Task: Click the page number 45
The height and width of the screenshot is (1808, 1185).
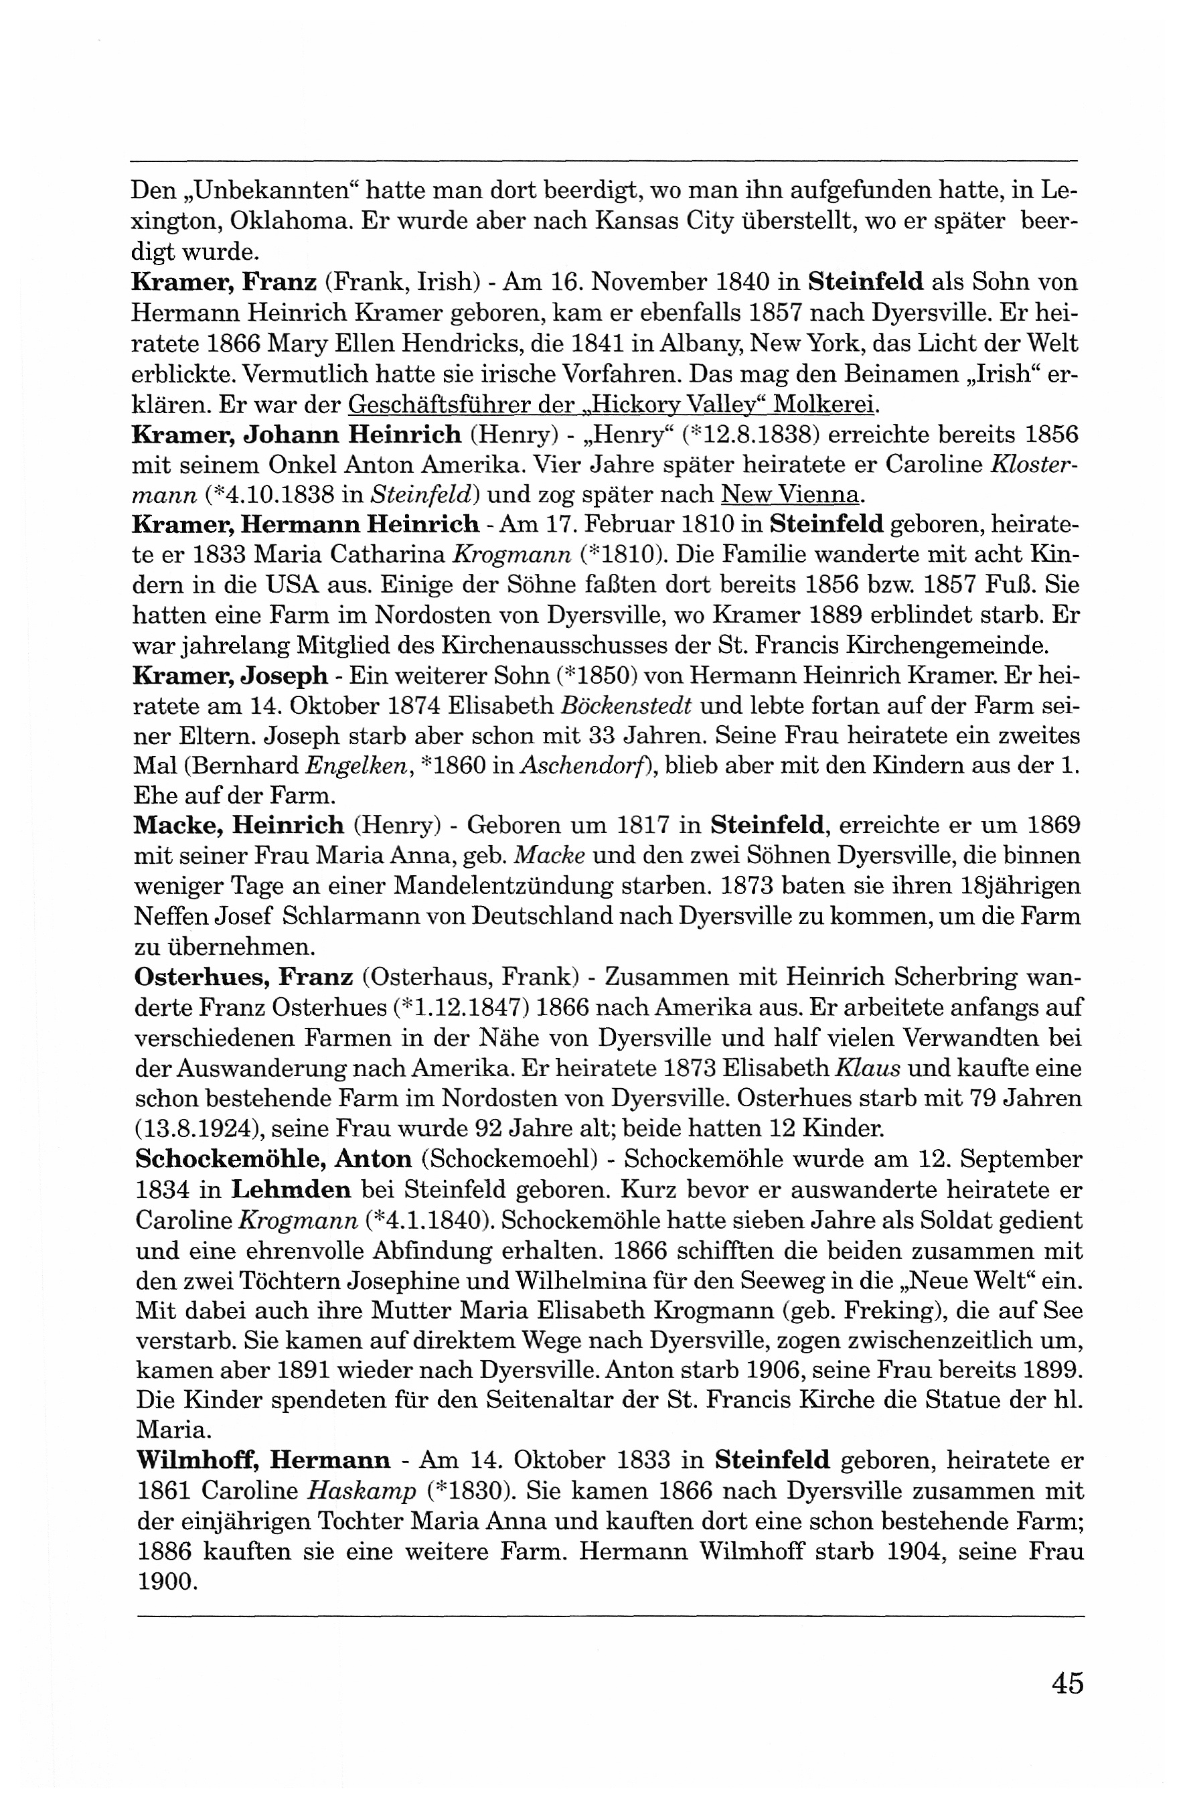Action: click(1066, 1683)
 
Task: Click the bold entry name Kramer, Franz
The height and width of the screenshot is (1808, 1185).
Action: click(224, 282)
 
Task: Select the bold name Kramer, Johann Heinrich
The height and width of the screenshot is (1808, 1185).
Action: click(296, 435)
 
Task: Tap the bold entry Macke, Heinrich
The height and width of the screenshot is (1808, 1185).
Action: click(238, 824)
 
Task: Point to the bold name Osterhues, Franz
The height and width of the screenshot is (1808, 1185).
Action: click(243, 976)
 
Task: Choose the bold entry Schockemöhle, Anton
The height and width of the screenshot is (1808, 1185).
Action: click(273, 1158)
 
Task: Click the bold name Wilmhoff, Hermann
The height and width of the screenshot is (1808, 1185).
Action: click(263, 1459)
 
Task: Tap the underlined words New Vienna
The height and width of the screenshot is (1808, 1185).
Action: click(790, 496)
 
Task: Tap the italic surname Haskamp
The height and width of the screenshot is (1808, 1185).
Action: click(362, 1490)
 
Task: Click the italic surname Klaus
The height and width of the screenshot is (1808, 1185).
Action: click(868, 1068)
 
